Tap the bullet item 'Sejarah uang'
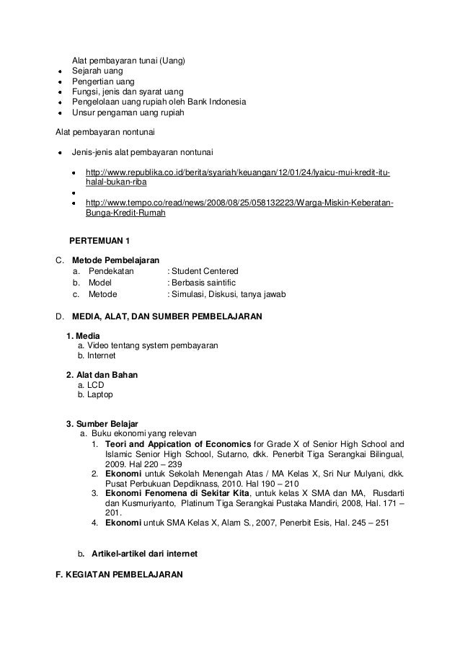pos(97,71)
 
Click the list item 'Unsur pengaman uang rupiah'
pos(128,112)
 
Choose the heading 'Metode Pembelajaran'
pos(119,259)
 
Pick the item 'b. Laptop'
pos(94,395)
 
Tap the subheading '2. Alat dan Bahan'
pos(102,375)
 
